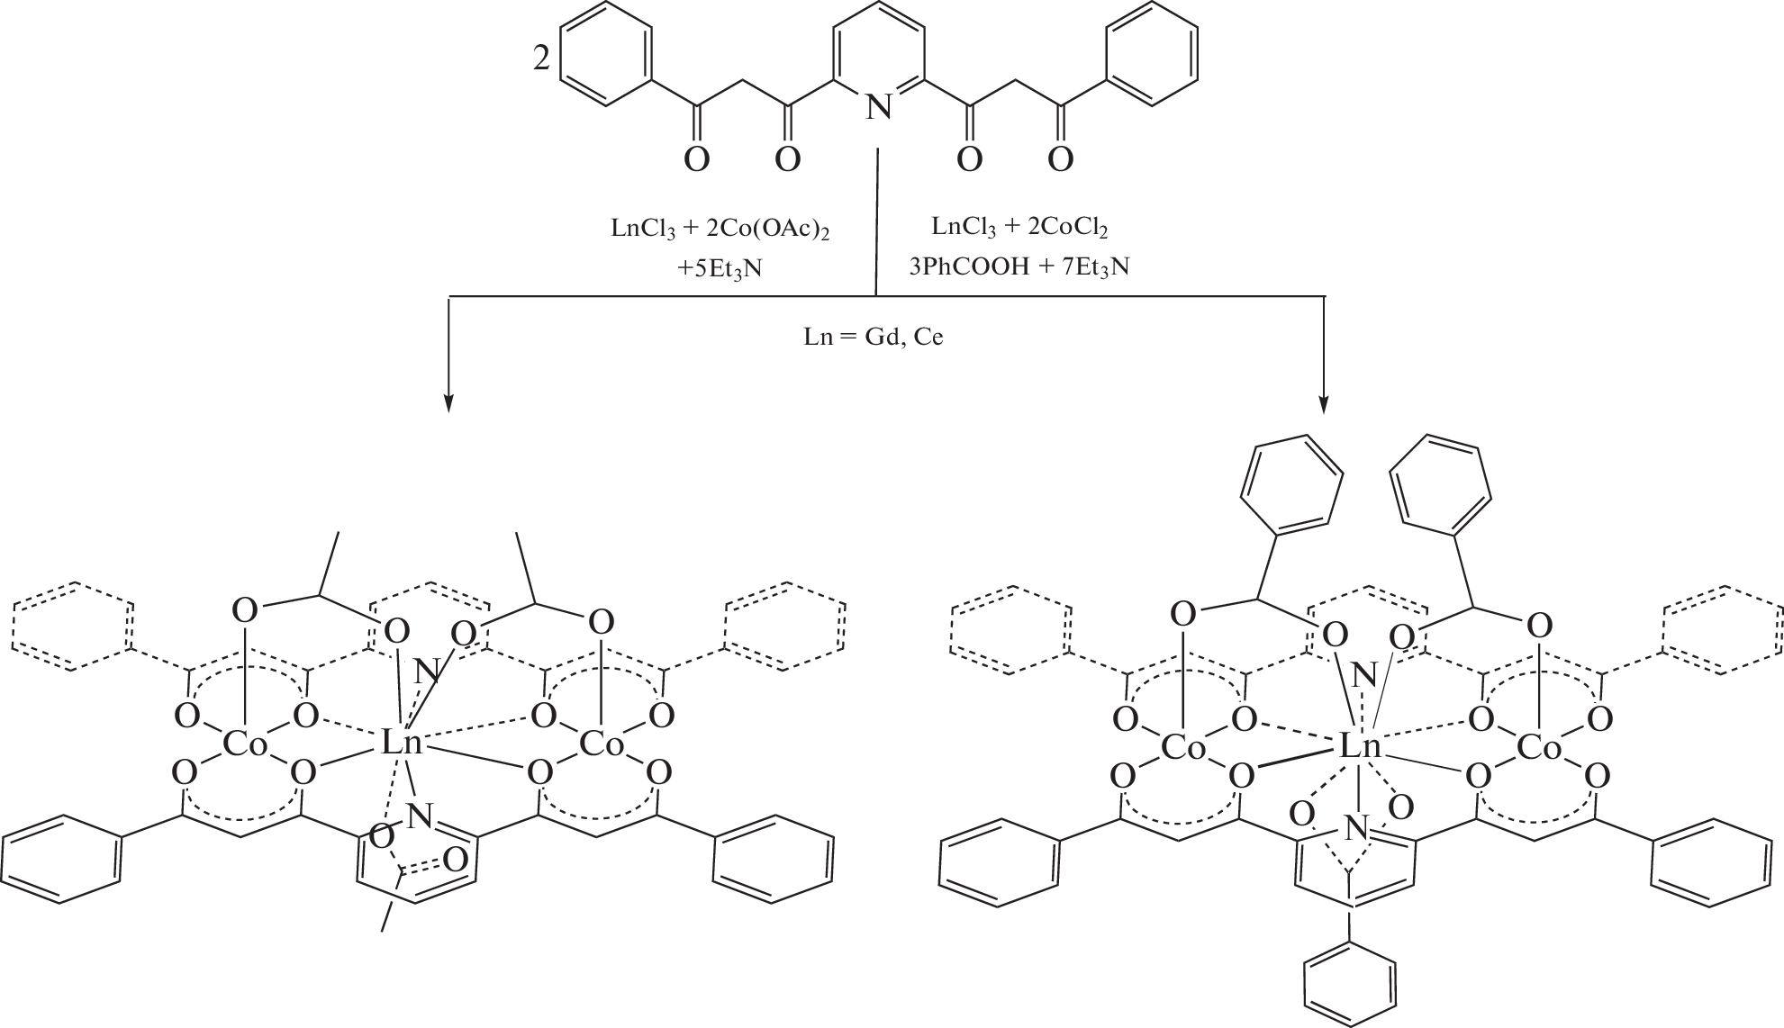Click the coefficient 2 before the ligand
click(x=541, y=60)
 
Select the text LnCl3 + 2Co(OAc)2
click(x=720, y=230)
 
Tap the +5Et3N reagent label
click(x=720, y=269)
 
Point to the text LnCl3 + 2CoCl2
click(x=1019, y=228)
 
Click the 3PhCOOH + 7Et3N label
click(x=1019, y=267)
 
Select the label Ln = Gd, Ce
click(x=874, y=338)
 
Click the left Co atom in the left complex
click(x=245, y=744)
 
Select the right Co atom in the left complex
click(x=602, y=744)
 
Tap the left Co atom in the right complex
click(x=1183, y=746)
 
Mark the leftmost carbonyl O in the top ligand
click(x=696, y=160)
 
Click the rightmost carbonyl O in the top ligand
click(x=1061, y=160)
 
